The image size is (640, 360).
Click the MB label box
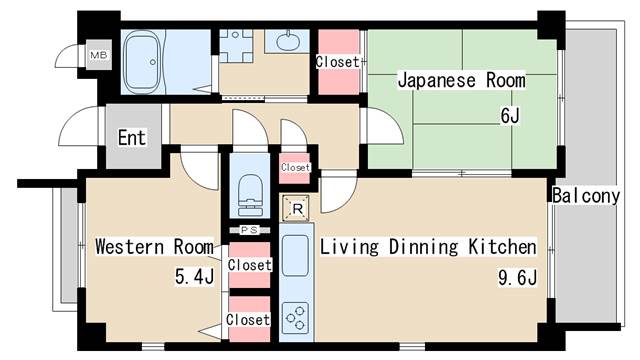(x=98, y=55)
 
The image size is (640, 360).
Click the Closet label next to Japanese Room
(x=337, y=62)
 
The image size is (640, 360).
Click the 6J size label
(x=510, y=116)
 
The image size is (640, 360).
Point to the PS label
(x=248, y=230)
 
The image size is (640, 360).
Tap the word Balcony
(x=585, y=196)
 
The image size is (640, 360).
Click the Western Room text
(x=154, y=246)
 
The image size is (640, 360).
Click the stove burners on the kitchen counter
(x=296, y=319)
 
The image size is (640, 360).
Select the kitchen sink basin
(x=296, y=258)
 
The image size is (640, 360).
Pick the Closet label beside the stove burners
(x=248, y=319)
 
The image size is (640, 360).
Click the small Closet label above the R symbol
(x=295, y=168)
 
